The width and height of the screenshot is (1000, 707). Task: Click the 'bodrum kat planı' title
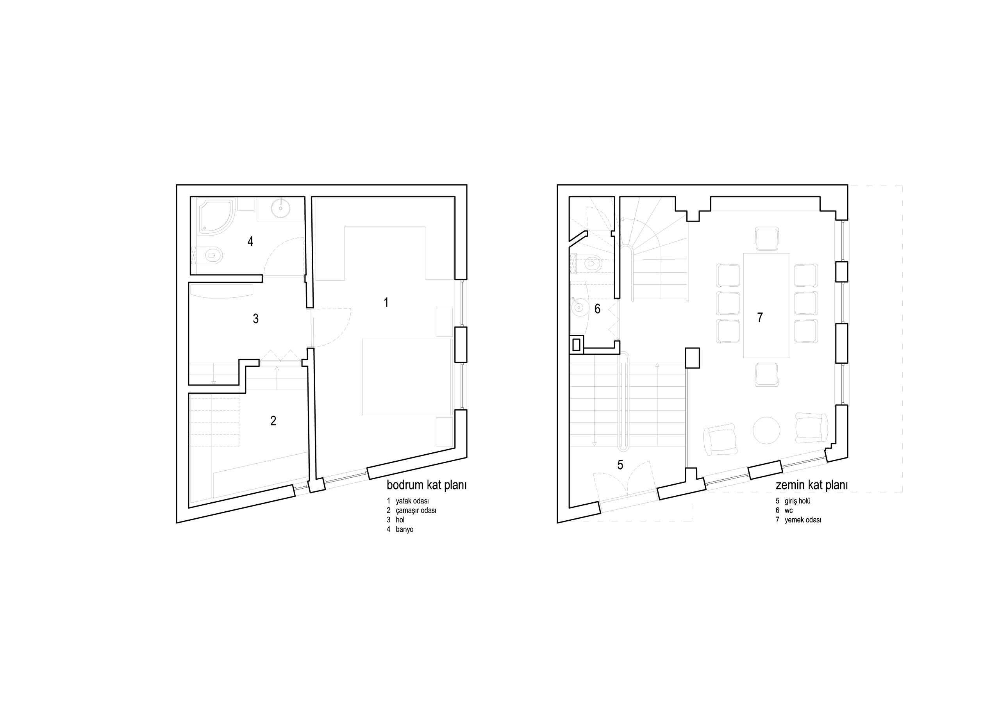(427, 485)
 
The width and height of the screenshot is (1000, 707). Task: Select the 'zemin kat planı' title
(811, 485)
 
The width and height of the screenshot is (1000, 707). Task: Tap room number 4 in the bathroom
(250, 241)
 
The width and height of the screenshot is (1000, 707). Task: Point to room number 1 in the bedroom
(386, 302)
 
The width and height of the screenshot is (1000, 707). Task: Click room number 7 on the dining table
(760, 318)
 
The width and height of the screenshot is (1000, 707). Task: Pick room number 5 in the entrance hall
(620, 465)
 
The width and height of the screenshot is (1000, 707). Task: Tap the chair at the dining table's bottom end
(766, 375)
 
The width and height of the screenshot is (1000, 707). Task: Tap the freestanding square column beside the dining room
(693, 358)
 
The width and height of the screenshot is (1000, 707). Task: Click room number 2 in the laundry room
(273, 421)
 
